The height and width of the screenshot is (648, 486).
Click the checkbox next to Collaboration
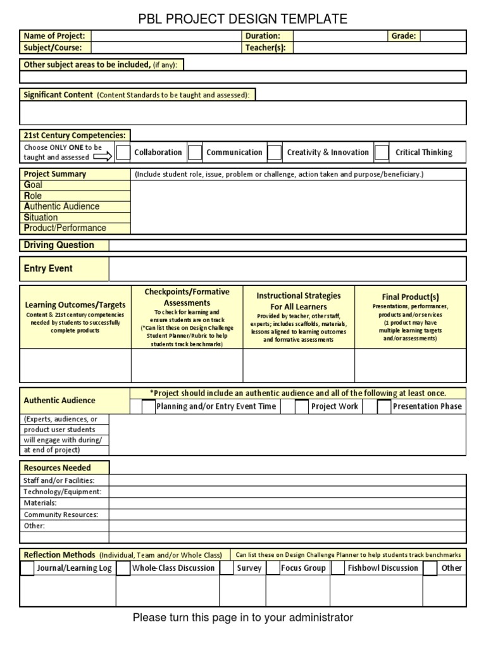click(123, 153)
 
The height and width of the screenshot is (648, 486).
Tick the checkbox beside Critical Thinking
click(382, 153)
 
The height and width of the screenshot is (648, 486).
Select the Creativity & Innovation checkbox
click(274, 153)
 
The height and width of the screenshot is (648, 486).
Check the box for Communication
click(195, 153)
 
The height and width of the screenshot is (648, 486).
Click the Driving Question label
click(59, 245)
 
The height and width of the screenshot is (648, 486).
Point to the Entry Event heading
click(48, 268)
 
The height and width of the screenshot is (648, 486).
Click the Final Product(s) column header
click(410, 297)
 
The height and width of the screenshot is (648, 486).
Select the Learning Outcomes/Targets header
click(75, 305)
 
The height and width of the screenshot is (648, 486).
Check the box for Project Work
click(302, 407)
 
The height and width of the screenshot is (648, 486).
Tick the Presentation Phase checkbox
click(383, 407)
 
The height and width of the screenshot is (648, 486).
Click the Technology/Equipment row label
click(62, 492)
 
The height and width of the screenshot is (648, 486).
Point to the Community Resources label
click(61, 514)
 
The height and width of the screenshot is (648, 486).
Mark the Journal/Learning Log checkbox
click(27, 568)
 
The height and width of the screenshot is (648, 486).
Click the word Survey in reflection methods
click(249, 568)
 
